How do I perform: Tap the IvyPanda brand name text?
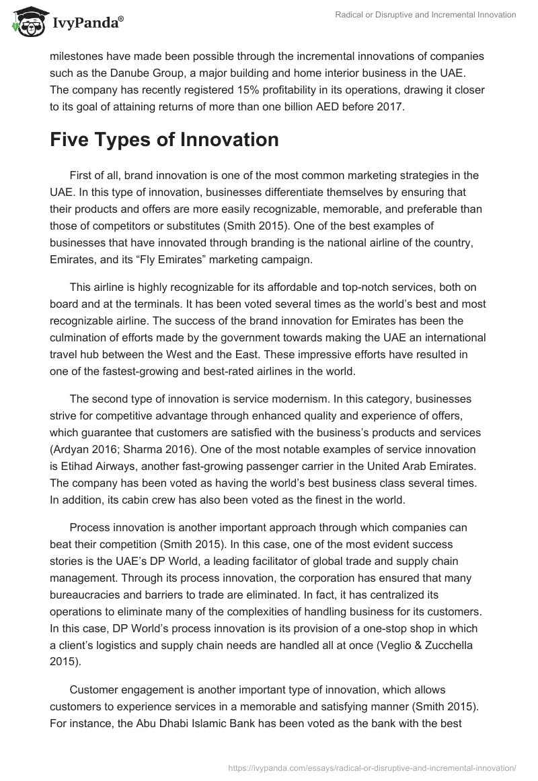click(87, 23)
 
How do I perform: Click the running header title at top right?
click(426, 15)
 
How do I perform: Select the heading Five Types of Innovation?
click(164, 139)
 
